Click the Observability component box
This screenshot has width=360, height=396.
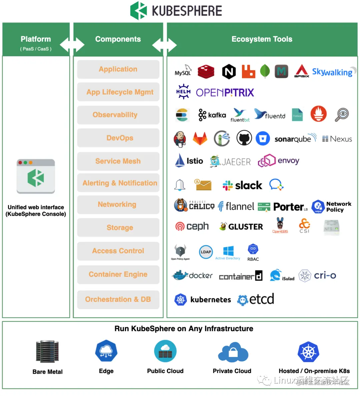click(118, 115)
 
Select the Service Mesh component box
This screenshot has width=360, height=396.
click(118, 161)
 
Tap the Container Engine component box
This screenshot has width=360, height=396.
click(118, 274)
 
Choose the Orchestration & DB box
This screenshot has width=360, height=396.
click(118, 299)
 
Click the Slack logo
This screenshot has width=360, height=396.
click(242, 186)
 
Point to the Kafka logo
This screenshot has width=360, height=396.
click(212, 115)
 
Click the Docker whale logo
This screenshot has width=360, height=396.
click(180, 275)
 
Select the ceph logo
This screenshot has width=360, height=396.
click(192, 226)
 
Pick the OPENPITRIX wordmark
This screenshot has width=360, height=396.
click(225, 93)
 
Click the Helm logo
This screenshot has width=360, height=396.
click(183, 92)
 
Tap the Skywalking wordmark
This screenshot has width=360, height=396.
click(332, 72)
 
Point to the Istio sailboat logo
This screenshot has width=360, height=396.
click(180, 161)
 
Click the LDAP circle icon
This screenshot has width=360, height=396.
click(206, 252)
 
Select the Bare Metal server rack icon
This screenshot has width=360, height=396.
click(47, 351)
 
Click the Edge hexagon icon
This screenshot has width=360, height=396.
click(106, 351)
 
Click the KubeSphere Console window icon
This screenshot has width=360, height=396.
click(36, 176)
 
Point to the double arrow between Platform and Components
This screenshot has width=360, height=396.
click(72, 45)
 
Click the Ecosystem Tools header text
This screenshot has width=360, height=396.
click(262, 39)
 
